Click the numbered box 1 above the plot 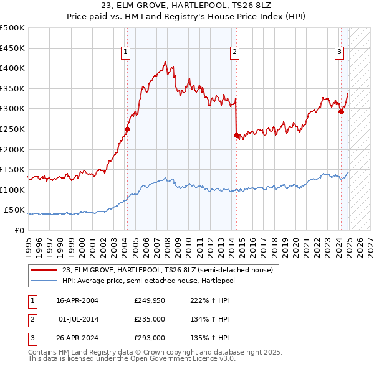[x=126, y=53]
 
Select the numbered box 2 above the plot [x=235, y=53]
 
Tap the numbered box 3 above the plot [x=340, y=53]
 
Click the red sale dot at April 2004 [x=127, y=129]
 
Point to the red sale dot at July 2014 [x=236, y=135]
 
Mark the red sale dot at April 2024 [x=341, y=112]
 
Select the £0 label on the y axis [x=19, y=231]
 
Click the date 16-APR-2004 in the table [x=77, y=300]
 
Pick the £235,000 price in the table [x=150, y=320]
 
